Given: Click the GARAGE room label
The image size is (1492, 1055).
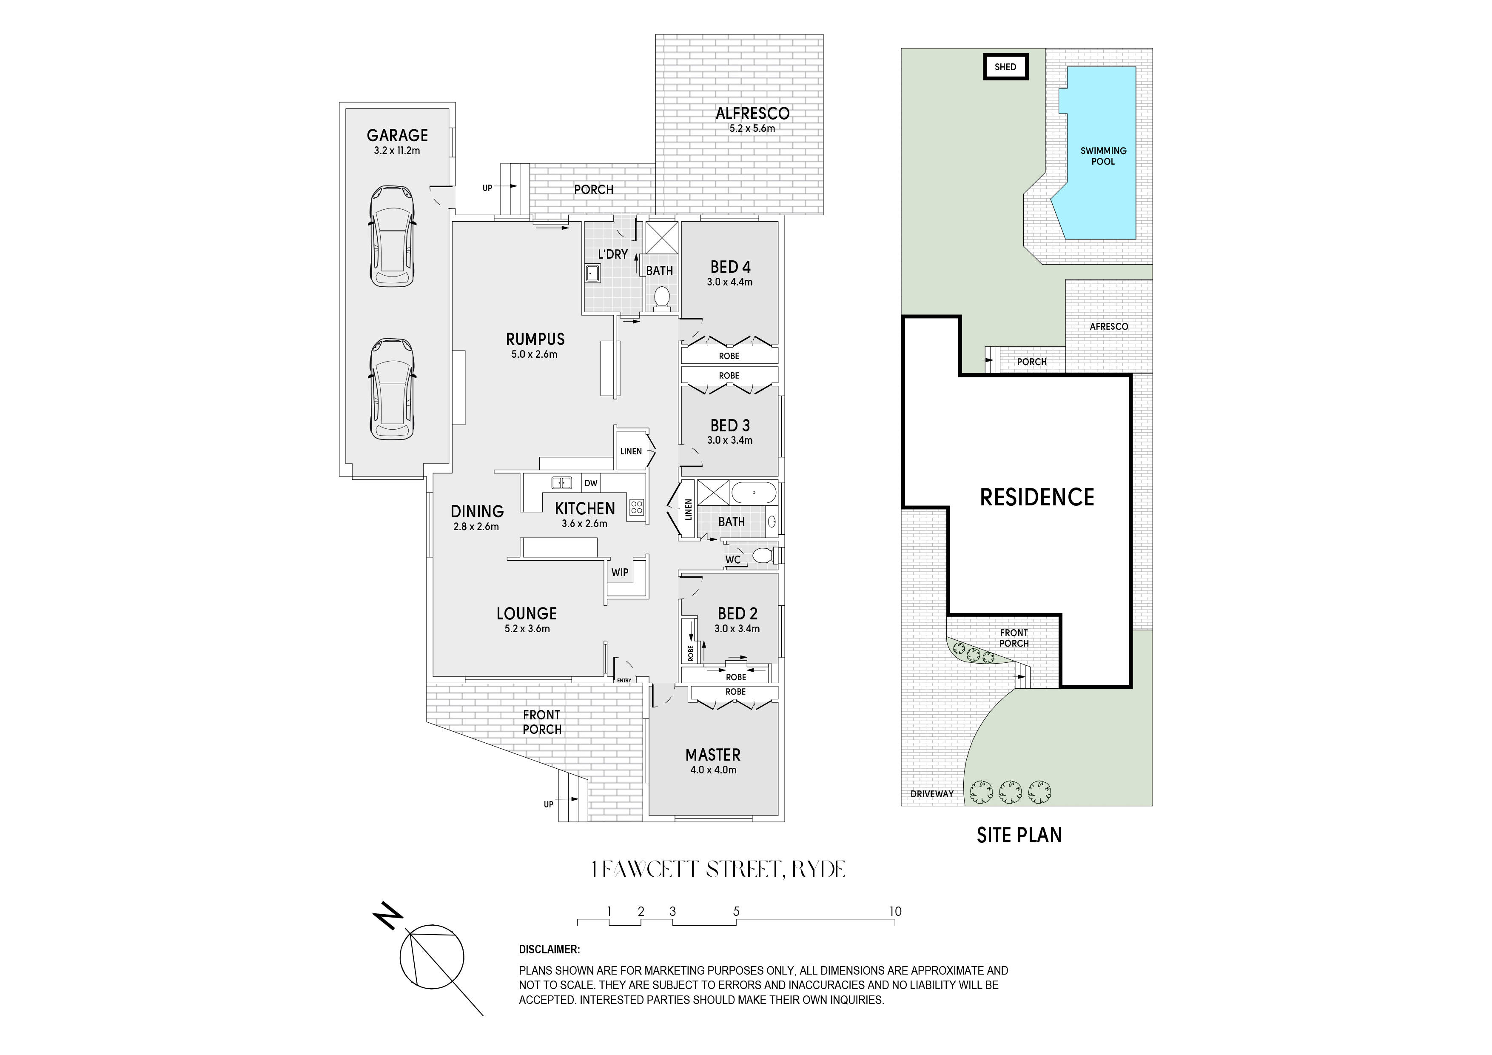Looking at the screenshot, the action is (x=397, y=135).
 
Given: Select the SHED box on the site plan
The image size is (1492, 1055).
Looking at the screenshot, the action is (x=1005, y=67).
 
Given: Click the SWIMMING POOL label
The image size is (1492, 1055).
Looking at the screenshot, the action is (x=1103, y=156).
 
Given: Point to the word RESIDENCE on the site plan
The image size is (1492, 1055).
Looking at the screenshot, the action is (x=1037, y=497).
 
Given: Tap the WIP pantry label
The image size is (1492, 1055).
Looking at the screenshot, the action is (x=619, y=573).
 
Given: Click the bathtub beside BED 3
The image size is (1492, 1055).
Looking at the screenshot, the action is (x=754, y=493).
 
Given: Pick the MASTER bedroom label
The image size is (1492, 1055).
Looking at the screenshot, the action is (x=713, y=755).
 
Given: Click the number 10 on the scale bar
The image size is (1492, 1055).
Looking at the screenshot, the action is (x=895, y=911).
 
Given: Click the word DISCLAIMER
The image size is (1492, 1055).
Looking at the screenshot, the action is (x=549, y=949).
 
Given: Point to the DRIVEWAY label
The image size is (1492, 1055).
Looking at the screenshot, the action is (x=932, y=794).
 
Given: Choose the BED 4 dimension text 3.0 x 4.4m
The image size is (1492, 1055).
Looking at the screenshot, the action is (x=730, y=282).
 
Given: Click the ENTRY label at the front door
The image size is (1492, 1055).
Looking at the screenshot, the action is (x=624, y=681).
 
